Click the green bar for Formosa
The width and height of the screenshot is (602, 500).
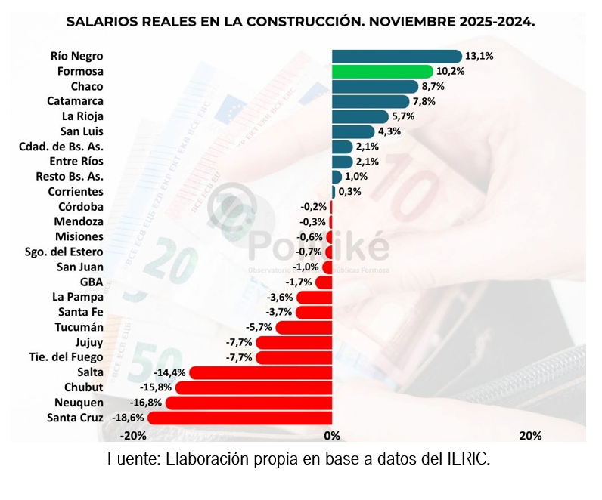382,71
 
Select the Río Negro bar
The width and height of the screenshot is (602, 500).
396,56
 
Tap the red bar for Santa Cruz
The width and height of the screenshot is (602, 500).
240,418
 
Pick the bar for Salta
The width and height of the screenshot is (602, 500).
261,372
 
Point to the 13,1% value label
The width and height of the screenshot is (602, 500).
479,56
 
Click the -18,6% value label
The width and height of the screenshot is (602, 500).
129,418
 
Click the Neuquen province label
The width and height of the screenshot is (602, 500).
79,403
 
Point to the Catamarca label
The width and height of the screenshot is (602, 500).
75,101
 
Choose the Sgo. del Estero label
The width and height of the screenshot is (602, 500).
64,252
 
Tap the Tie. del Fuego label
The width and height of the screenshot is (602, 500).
66,357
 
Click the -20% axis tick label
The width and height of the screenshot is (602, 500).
134,436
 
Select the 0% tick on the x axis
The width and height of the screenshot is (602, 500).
331,436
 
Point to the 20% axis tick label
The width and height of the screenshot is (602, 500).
530,436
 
